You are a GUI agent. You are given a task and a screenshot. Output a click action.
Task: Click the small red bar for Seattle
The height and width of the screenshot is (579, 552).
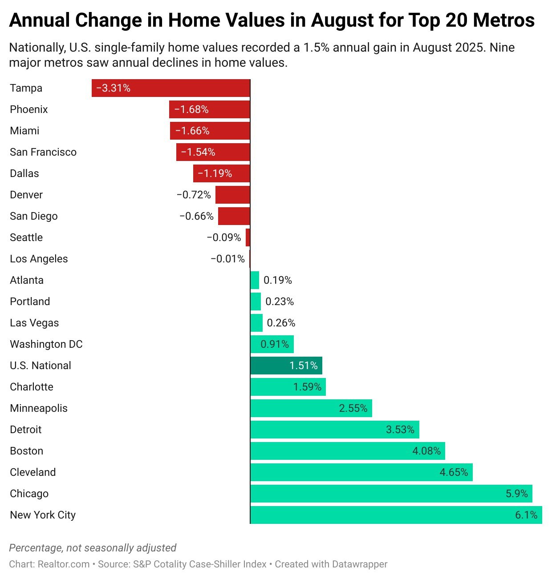click(x=248, y=237)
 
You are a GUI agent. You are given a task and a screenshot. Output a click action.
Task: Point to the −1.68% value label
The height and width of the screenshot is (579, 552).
click(x=191, y=109)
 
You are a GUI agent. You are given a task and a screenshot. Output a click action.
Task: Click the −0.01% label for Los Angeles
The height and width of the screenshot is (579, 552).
click(x=227, y=259)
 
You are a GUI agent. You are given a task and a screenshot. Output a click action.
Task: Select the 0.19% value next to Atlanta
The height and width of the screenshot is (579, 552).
click(x=278, y=280)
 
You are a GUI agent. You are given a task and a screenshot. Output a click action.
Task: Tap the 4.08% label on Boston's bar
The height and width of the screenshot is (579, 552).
click(x=426, y=451)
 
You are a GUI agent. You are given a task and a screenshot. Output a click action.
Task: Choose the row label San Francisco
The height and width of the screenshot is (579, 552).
click(x=43, y=152)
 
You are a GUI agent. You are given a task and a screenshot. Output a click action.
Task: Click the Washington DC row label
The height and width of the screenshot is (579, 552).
click(x=46, y=344)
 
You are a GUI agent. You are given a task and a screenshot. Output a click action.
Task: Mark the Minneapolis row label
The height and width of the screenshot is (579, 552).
click(x=39, y=408)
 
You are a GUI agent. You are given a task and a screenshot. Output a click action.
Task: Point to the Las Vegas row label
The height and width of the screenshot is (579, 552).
click(x=34, y=323)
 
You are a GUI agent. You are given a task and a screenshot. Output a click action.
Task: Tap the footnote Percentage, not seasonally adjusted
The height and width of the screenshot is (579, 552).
click(x=93, y=548)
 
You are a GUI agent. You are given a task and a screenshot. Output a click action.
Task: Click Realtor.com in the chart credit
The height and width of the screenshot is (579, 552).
click(x=64, y=564)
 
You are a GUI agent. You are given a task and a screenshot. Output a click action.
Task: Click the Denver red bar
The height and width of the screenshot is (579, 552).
click(x=233, y=195)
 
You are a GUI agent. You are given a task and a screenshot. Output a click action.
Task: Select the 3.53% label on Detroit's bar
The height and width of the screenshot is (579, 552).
click(x=400, y=430)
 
